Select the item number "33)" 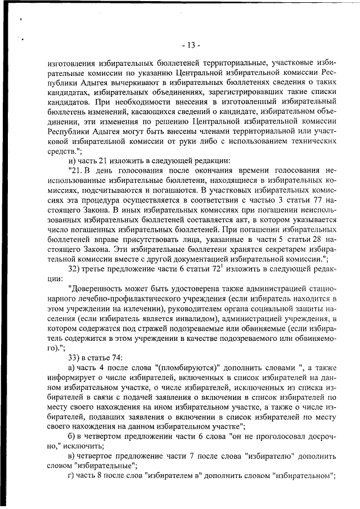[x=75, y=357]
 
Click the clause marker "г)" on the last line [x=71, y=474]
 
